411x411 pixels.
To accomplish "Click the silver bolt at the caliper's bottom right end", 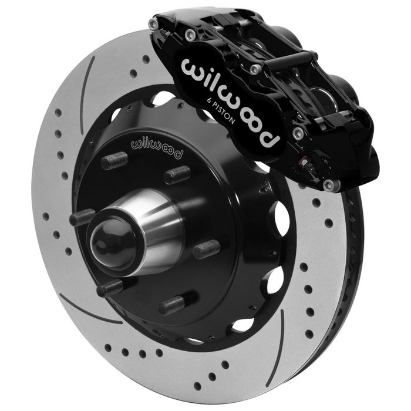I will [329, 186].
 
